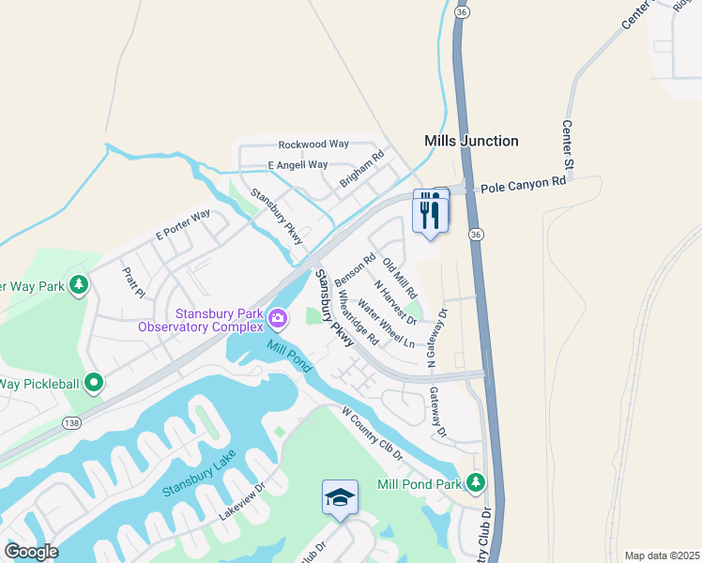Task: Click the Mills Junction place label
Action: [471, 141]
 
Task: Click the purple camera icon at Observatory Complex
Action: [278, 319]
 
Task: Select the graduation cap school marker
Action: [340, 496]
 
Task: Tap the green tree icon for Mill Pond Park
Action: [477, 483]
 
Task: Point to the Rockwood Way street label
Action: [313, 145]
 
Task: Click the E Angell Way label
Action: [298, 165]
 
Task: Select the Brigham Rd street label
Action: [363, 169]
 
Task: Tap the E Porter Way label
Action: [183, 225]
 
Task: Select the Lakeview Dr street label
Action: [243, 501]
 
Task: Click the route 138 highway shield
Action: [71, 424]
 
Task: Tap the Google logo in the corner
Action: [31, 552]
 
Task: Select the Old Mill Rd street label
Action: [400, 281]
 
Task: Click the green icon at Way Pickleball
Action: [94, 383]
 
